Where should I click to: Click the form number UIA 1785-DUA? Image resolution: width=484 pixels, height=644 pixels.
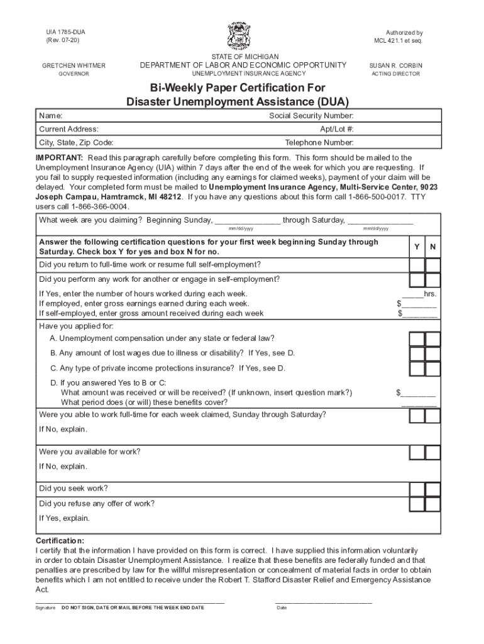(63, 32)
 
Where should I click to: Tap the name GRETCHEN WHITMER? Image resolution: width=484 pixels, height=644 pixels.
(74, 65)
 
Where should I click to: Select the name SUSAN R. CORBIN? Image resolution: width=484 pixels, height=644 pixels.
(396, 65)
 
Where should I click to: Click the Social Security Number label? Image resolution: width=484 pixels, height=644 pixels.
(311, 116)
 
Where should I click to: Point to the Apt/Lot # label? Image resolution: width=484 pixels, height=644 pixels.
(337, 129)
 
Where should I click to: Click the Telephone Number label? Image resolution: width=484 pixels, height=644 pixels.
(319, 142)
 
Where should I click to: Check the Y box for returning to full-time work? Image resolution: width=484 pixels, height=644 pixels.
(417, 264)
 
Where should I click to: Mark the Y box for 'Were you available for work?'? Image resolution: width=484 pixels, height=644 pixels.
(417, 452)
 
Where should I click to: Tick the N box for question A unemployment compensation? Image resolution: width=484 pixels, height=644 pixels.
(432, 339)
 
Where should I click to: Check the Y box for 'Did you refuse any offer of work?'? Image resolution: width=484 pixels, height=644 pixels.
(417, 504)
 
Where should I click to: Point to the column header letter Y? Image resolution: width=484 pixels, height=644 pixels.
(417, 247)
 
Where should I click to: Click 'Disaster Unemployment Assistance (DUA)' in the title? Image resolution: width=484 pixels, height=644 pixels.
(238, 101)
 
